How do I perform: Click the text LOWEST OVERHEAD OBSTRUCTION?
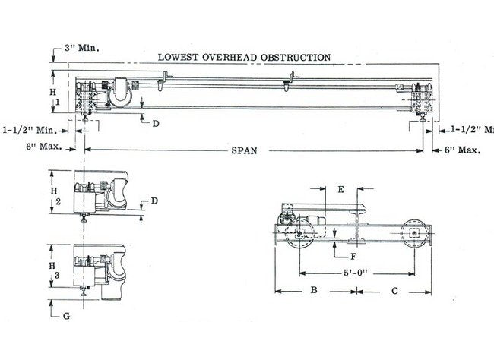243,57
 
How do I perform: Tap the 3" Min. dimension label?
84,46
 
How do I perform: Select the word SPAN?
245,150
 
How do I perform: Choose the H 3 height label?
52,264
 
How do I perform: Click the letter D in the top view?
155,123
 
